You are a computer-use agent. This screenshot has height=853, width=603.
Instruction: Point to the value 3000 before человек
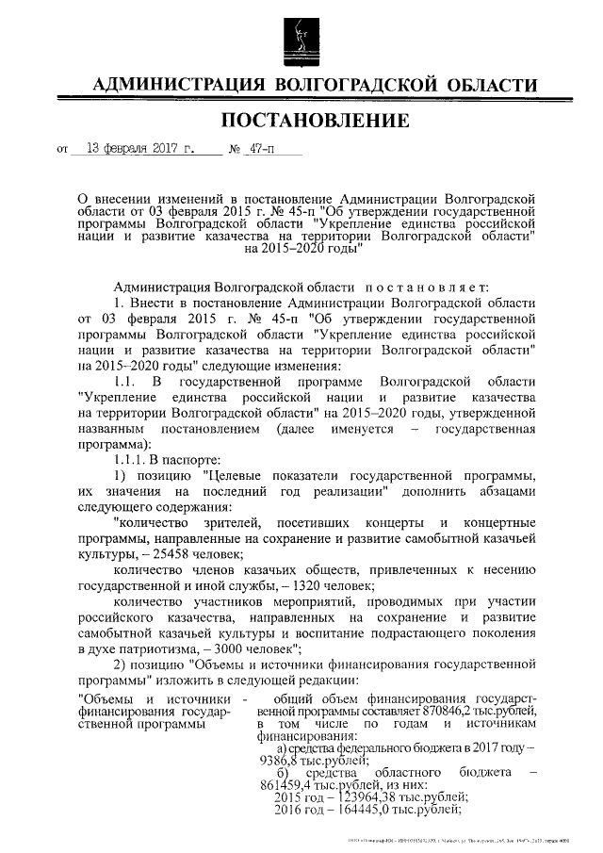coord(231,648)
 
